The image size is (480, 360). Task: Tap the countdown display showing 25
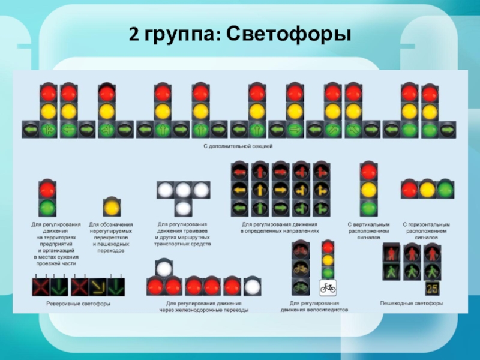pyautogui.click(x=433, y=289)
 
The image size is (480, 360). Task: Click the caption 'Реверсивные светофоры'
pyautogui.click(x=79, y=304)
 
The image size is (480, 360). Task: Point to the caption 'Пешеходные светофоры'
pyautogui.click(x=412, y=304)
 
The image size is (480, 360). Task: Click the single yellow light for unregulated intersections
pyautogui.click(x=111, y=207)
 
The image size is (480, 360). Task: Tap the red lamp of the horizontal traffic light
pyautogui.click(x=410, y=190)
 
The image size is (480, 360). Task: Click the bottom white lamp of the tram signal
pyautogui.click(x=183, y=208)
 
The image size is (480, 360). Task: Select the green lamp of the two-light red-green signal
pyautogui.click(x=47, y=208)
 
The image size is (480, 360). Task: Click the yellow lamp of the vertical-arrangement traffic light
pyautogui.click(x=368, y=190)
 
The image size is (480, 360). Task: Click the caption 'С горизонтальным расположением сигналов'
pyautogui.click(x=426, y=231)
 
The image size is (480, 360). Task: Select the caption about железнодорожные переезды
pyautogui.click(x=203, y=307)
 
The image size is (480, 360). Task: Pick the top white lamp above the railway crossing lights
pyautogui.click(x=164, y=268)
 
